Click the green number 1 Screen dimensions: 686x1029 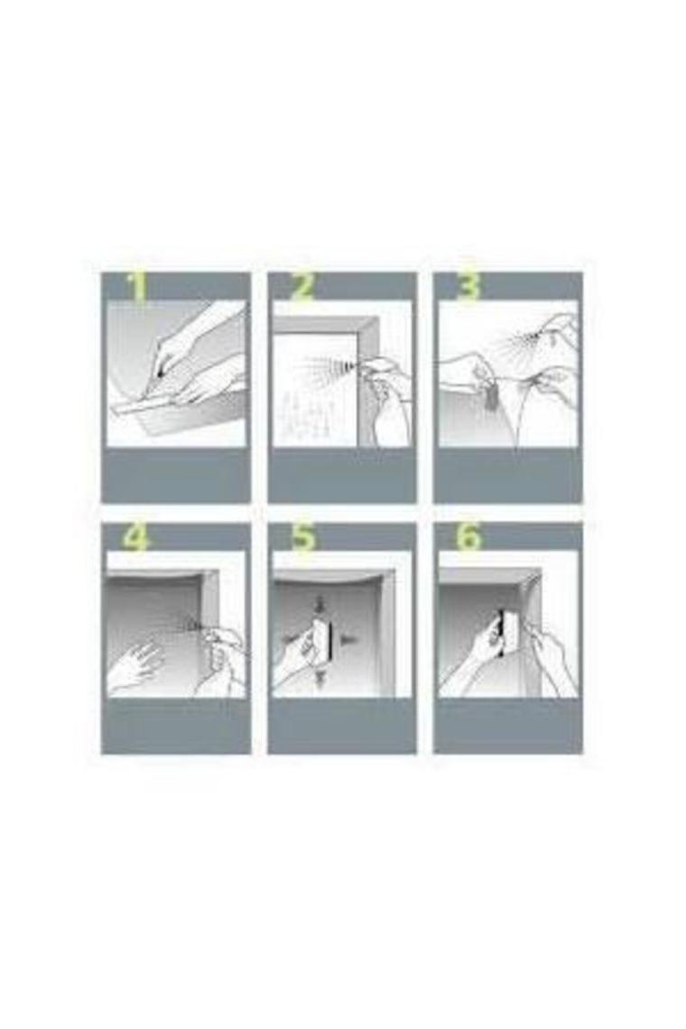tap(138, 288)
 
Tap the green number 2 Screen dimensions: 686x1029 tap(302, 288)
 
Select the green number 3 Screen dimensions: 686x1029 tap(468, 288)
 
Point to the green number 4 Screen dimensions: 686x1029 tap(136, 539)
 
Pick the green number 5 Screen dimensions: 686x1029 tap(303, 539)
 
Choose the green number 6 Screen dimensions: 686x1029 tap(468, 539)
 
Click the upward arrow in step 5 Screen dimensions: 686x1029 tap(320, 679)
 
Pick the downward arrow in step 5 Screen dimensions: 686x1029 tap(320, 603)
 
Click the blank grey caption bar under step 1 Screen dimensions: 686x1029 tap(175, 475)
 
